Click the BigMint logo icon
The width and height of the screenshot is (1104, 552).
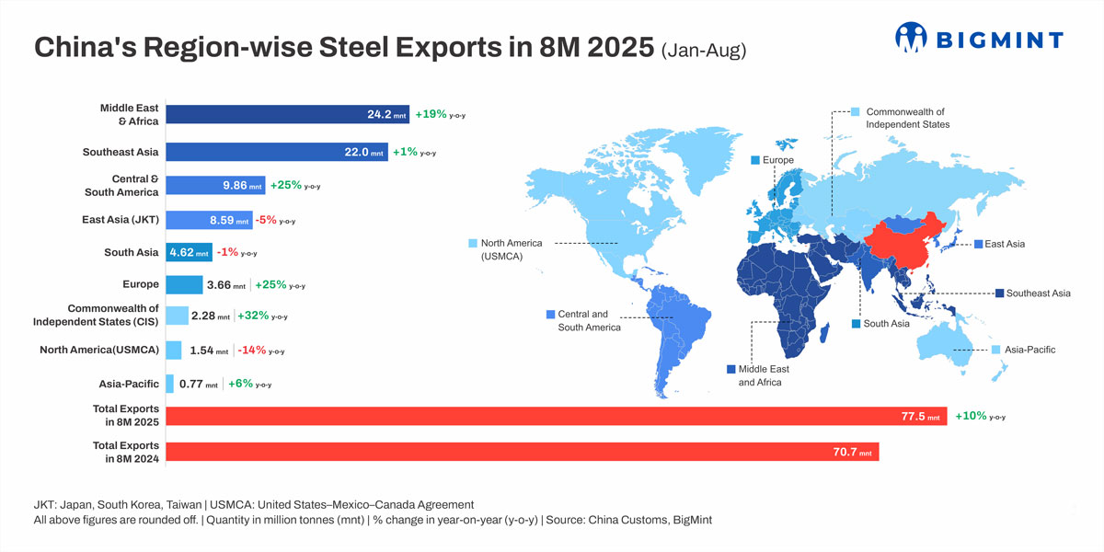[x=913, y=38]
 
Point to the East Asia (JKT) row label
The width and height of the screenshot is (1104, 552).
[x=120, y=220]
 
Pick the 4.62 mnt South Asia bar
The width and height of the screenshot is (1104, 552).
[x=190, y=252]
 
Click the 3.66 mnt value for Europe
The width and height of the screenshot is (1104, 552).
[x=225, y=285]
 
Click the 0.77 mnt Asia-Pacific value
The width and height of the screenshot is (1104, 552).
[x=198, y=384]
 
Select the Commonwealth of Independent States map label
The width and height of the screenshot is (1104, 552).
[x=907, y=117]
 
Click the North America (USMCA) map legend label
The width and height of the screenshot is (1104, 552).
[x=512, y=249]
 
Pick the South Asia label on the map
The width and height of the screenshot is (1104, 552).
[x=886, y=324]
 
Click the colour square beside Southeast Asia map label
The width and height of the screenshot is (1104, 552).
[x=999, y=293]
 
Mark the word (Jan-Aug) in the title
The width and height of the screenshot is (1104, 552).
[x=702, y=50]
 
